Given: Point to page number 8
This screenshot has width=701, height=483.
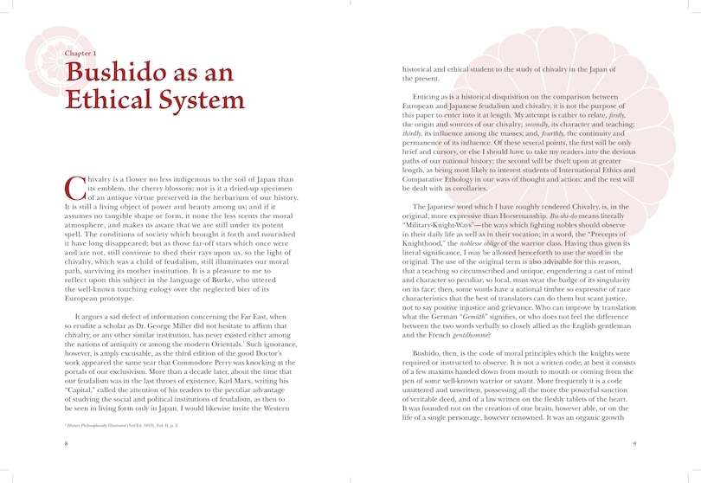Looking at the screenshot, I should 66,444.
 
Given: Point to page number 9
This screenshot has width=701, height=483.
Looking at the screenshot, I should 634,444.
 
